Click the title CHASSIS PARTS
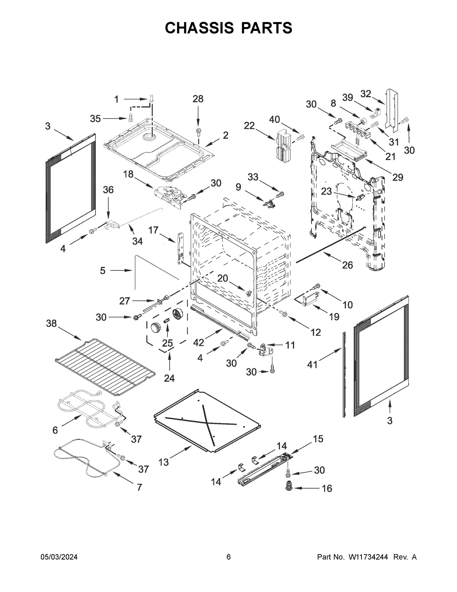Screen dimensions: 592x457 coord(228,28)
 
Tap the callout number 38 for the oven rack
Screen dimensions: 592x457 coord(51,324)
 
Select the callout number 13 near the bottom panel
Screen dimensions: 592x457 coord(163,462)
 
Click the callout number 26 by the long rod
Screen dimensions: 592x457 coord(347,265)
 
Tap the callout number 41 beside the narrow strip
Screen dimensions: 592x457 coord(312,365)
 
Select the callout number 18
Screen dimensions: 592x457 coord(128,174)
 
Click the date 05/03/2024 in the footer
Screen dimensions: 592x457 coord(59,557)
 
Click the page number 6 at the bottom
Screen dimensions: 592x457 coord(228,557)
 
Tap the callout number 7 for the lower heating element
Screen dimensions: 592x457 coord(139,487)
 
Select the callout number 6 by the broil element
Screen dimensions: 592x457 coord(55,430)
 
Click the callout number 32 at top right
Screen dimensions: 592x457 coord(365,94)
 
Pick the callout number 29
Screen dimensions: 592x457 coord(398,177)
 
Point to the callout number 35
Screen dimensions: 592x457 coord(96,119)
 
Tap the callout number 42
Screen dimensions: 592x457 coord(198,342)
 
